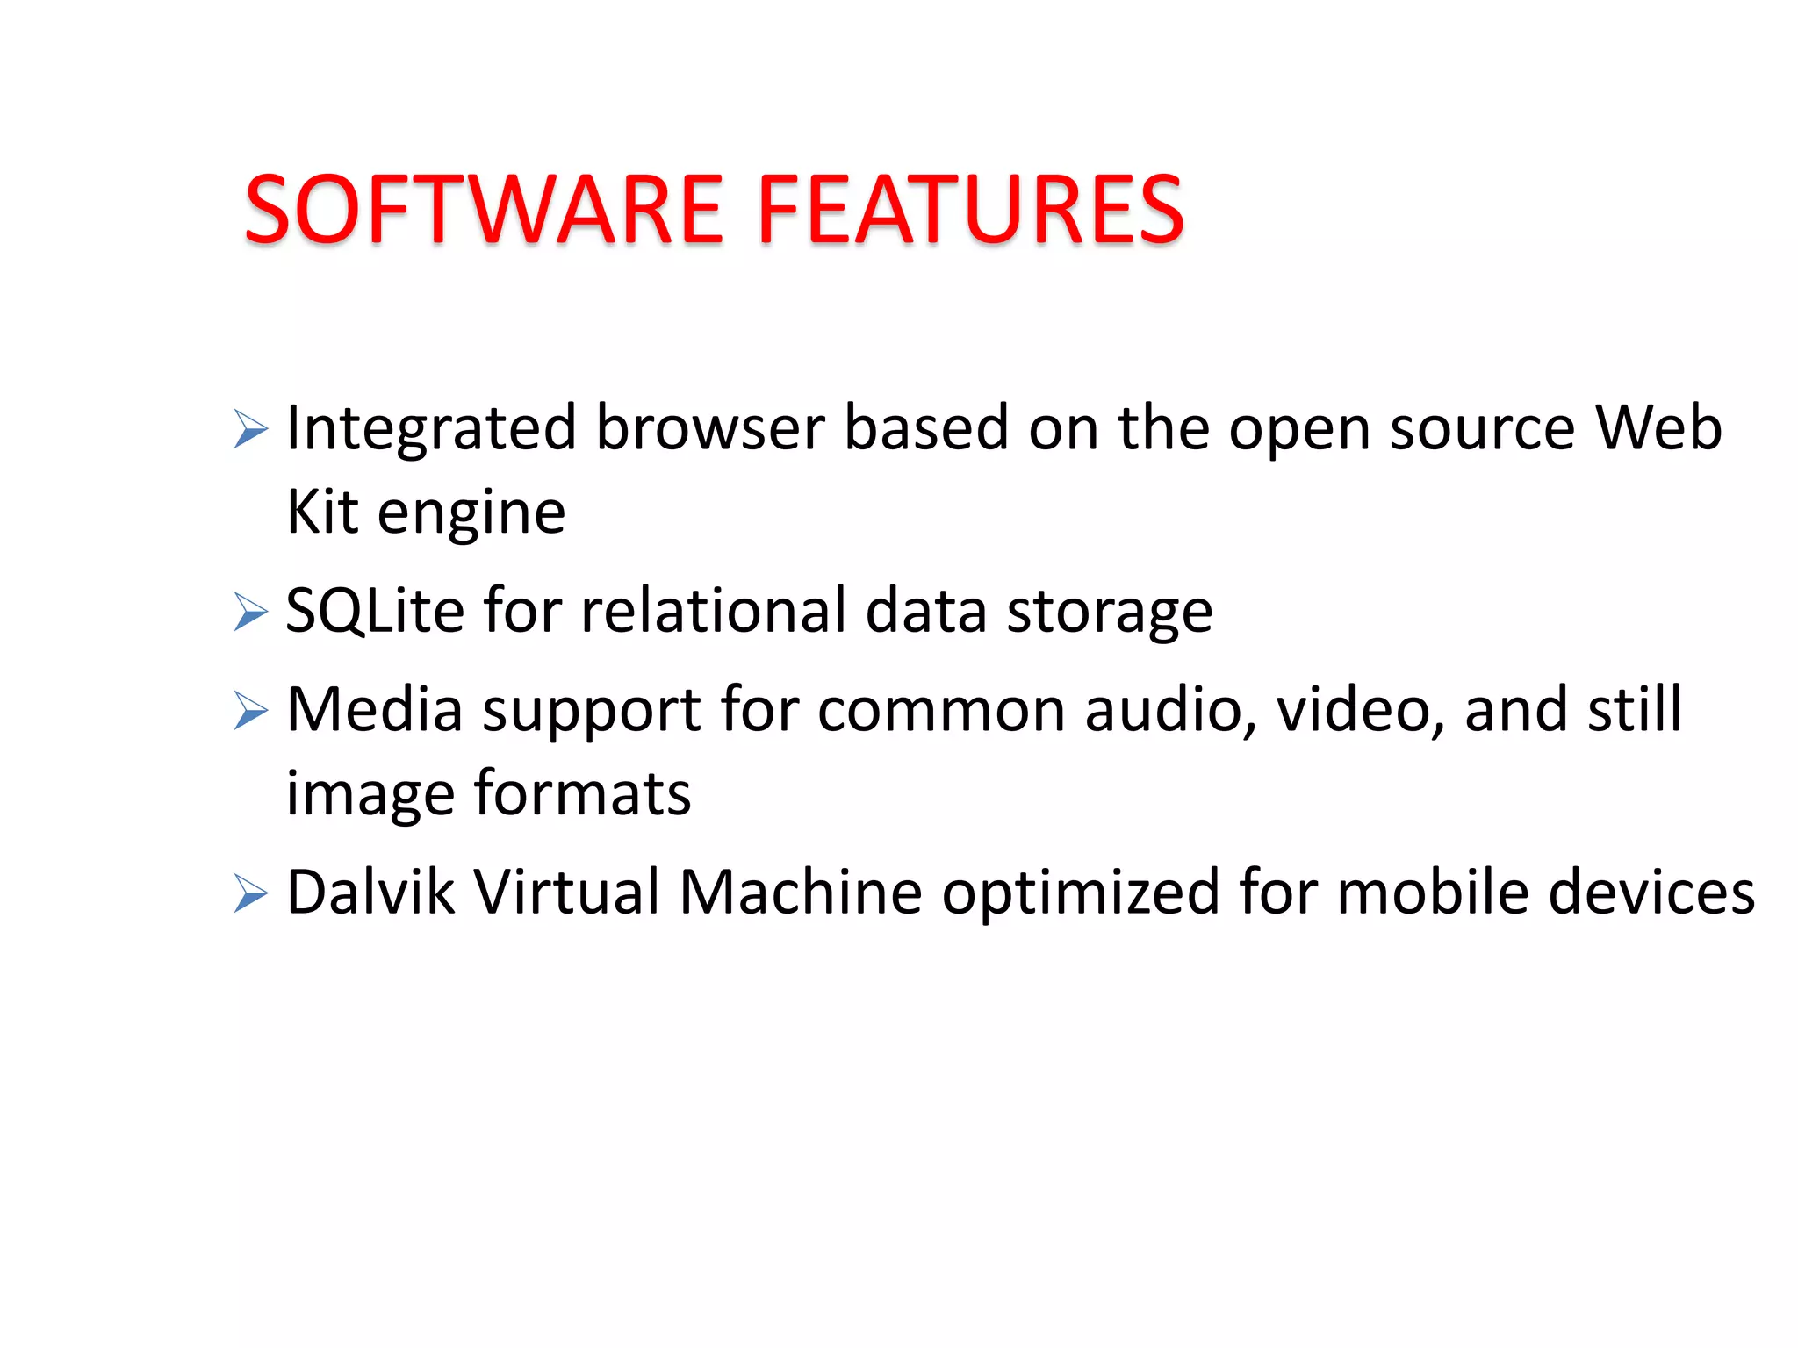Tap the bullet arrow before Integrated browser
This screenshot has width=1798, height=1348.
[250, 429]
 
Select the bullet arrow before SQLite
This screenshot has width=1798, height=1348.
[250, 612]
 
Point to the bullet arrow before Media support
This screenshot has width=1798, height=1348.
[250, 710]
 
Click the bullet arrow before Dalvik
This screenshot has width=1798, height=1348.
[250, 893]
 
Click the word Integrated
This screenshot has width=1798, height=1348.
[431, 429]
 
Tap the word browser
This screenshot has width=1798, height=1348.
[710, 427]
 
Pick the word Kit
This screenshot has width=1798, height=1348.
[322, 512]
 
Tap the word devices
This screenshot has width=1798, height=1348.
[1651, 892]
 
